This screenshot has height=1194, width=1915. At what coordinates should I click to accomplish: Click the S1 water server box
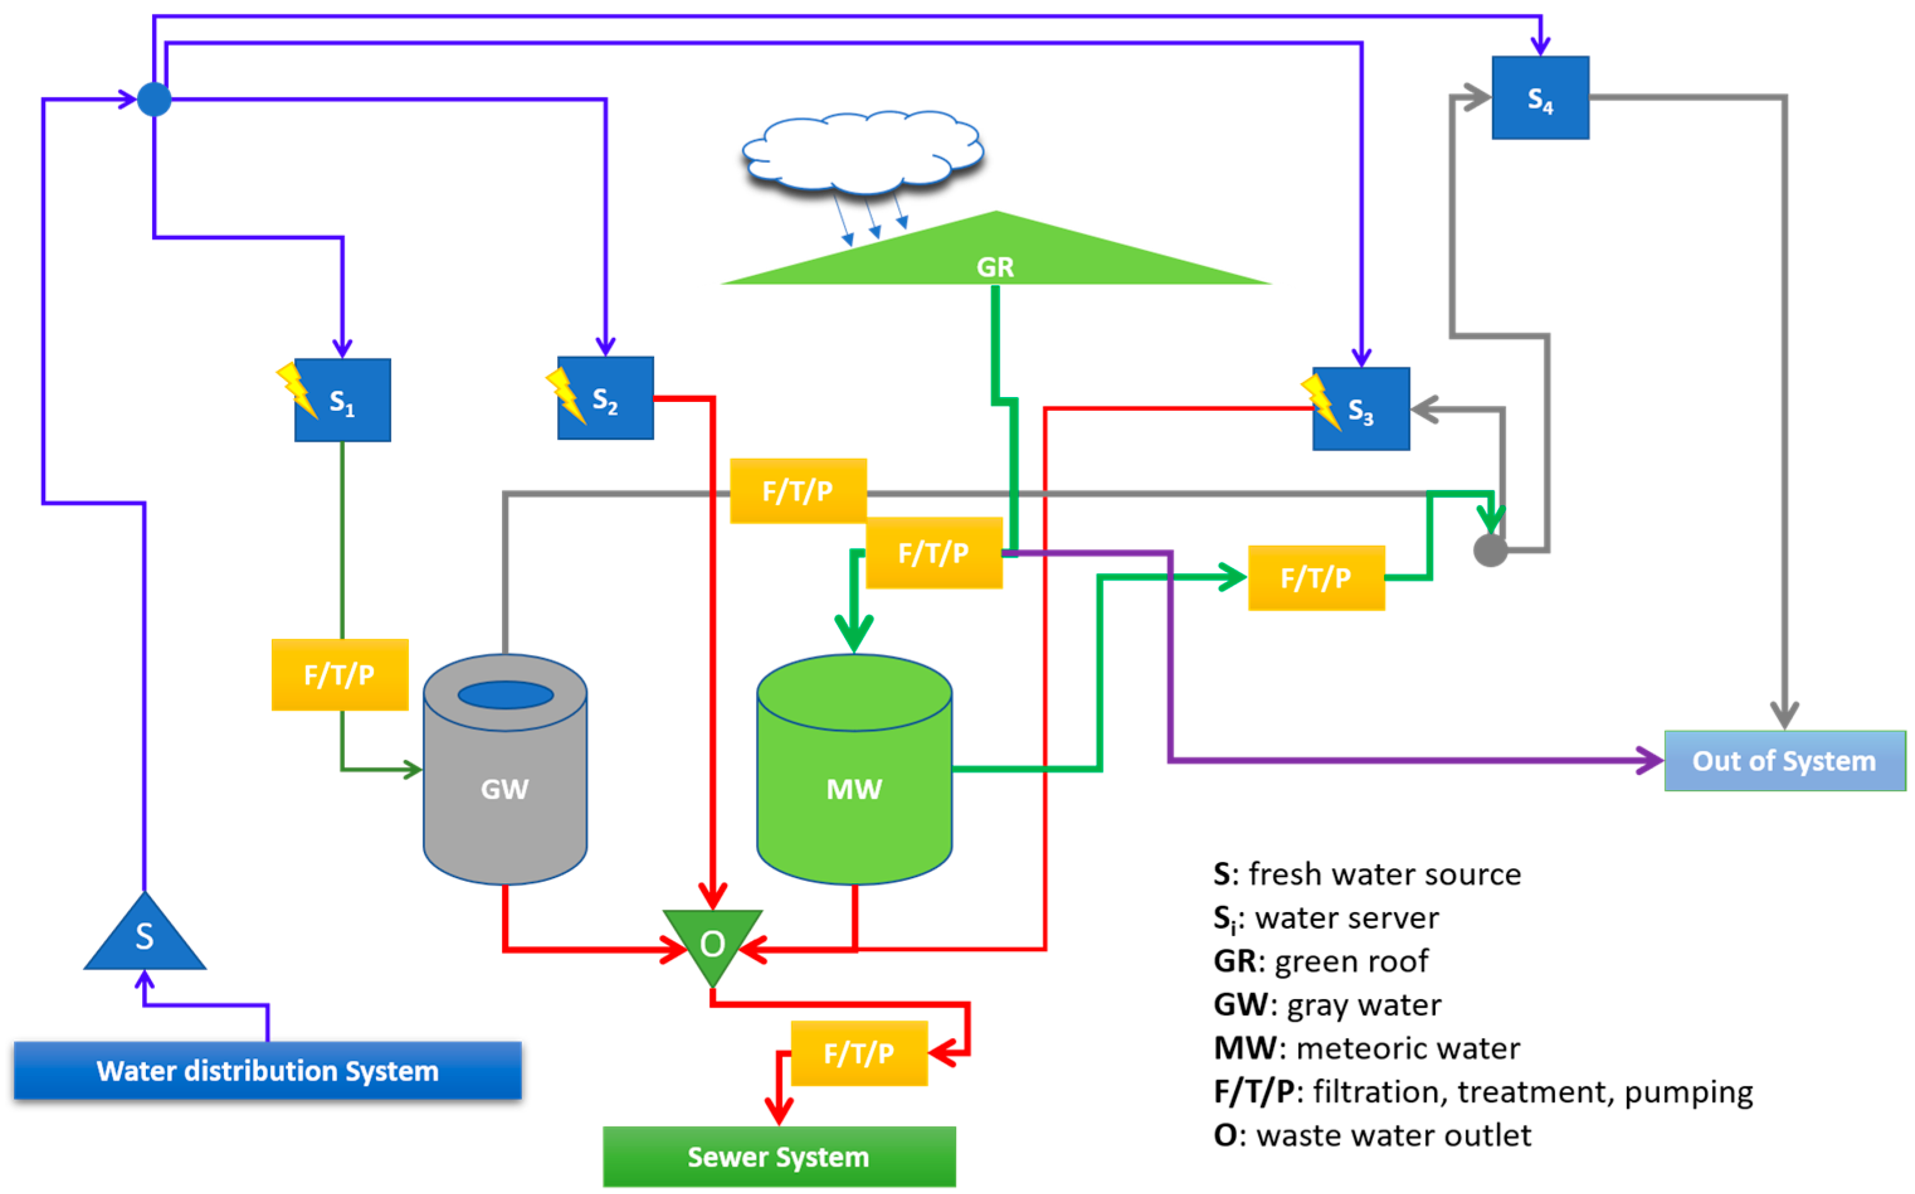pyautogui.click(x=343, y=400)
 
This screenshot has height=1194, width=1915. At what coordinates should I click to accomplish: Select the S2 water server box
pyautogui.click(x=606, y=398)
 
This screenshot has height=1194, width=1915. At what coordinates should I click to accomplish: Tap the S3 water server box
pyautogui.click(x=1361, y=409)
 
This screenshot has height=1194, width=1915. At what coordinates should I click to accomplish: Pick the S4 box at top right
pyautogui.click(x=1540, y=98)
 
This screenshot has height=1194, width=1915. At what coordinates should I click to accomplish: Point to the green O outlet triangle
pyautogui.click(x=712, y=941)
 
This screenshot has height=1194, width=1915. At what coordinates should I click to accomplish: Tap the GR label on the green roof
pyautogui.click(x=994, y=267)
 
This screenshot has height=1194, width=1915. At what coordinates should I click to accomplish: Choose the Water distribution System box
pyautogui.click(x=267, y=1071)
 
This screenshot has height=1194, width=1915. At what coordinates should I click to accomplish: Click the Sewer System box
pyautogui.click(x=779, y=1157)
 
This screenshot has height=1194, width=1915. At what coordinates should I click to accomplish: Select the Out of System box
pyautogui.click(x=1784, y=761)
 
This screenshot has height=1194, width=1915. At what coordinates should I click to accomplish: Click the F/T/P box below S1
pyautogui.click(x=340, y=674)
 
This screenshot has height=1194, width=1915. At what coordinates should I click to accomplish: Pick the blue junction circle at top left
pyautogui.click(x=154, y=99)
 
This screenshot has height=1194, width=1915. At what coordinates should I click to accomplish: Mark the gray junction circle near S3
pyautogui.click(x=1490, y=550)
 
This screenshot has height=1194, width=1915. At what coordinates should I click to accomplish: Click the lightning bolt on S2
pyautogui.click(x=565, y=395)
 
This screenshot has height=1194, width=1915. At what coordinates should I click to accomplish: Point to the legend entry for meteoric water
pyautogui.click(x=1365, y=1048)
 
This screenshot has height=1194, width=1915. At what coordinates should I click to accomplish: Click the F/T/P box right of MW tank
pyautogui.click(x=1316, y=577)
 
